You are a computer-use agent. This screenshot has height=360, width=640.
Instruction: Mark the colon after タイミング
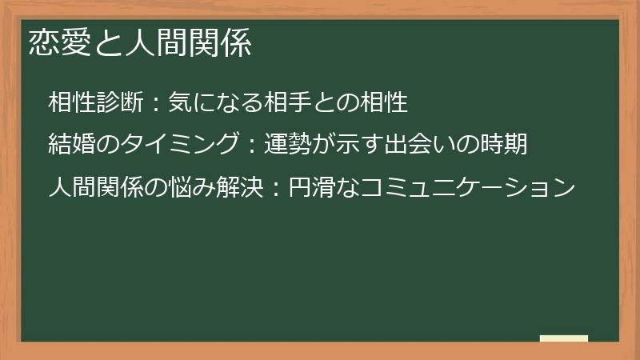click(x=250, y=146)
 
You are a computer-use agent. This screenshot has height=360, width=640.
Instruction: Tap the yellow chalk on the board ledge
click(x=563, y=338)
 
